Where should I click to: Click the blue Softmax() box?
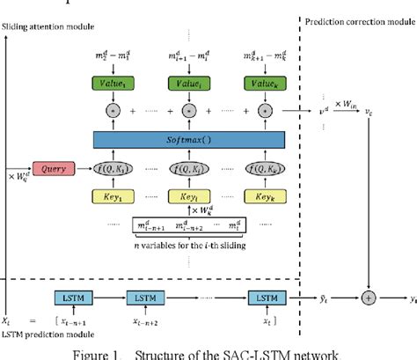(189, 139)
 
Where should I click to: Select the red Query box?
(52, 166)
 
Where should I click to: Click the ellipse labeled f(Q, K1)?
(113, 167)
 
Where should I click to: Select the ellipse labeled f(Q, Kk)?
(265, 167)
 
